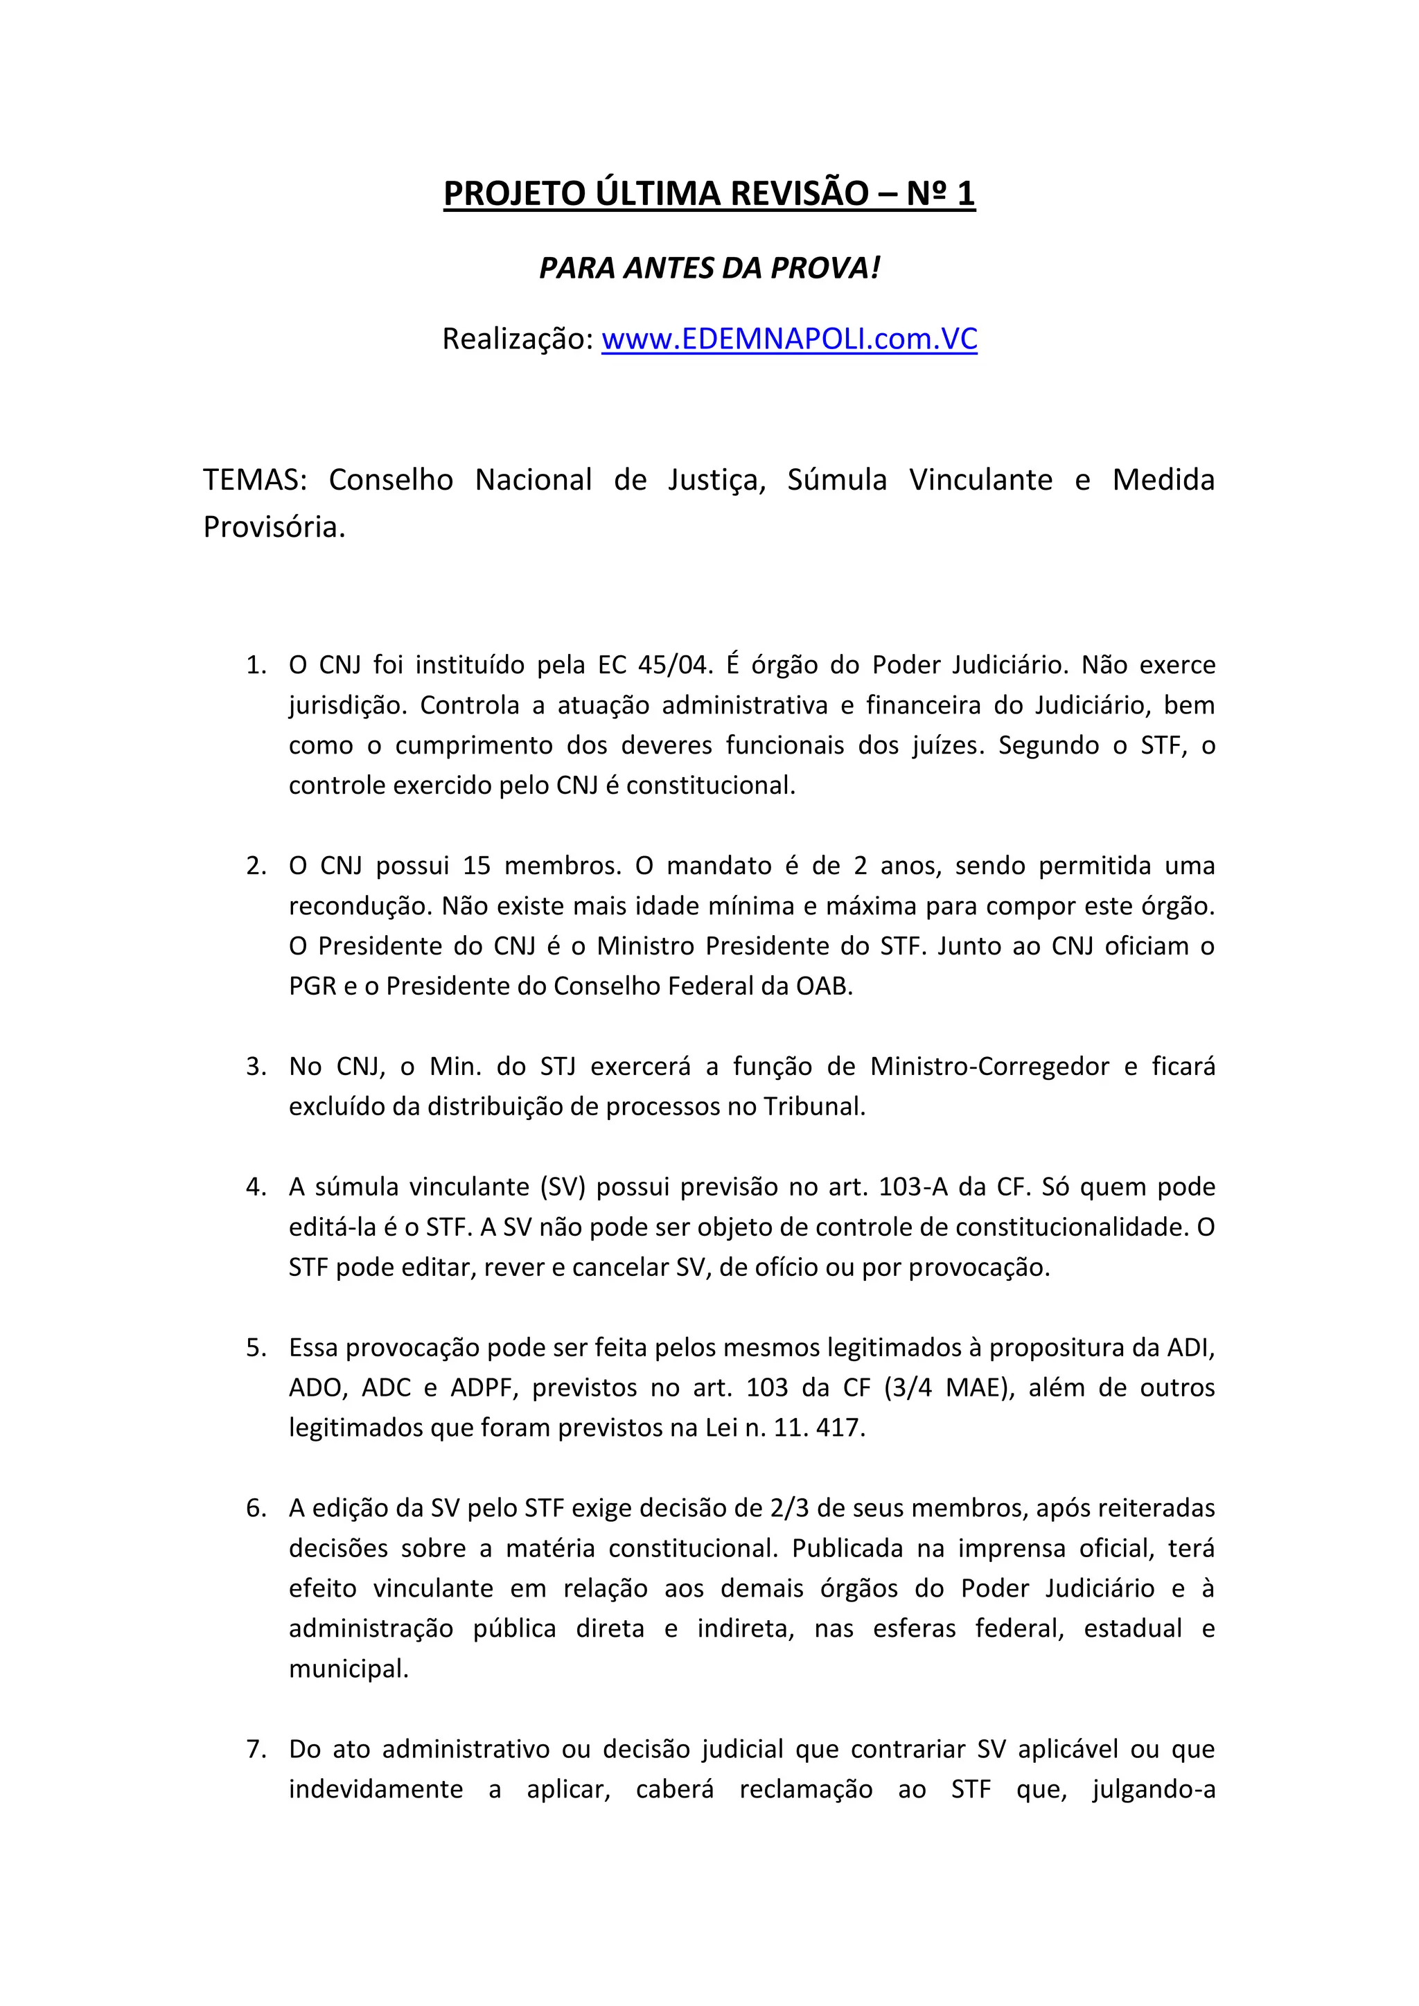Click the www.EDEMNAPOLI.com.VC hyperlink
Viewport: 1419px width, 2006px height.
pos(789,339)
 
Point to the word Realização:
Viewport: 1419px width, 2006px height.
pos(518,339)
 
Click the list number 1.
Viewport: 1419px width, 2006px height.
pos(254,665)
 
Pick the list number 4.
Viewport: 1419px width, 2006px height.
pos(254,1187)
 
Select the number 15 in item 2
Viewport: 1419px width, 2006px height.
pos(477,866)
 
